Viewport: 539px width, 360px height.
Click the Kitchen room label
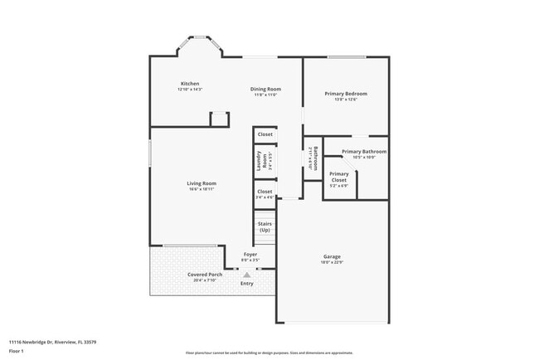pos(190,84)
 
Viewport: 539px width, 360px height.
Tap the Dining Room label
pos(265,89)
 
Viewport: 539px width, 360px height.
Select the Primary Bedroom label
pos(345,94)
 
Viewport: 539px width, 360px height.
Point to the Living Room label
pos(201,183)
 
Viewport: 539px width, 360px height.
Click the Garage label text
pos(332,256)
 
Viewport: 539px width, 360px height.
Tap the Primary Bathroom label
pos(364,152)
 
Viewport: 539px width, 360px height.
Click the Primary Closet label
pos(338,177)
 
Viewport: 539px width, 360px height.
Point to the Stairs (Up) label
pos(265,226)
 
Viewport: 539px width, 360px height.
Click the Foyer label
pos(250,254)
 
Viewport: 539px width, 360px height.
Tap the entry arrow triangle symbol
pos(246,274)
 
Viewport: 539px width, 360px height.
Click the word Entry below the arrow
pos(246,284)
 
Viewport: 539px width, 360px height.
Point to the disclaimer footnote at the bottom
pos(269,353)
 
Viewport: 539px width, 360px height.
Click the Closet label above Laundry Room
pos(265,134)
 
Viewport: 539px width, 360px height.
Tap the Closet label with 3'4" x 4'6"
pos(265,192)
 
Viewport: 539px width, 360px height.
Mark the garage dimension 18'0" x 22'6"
pos(332,262)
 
